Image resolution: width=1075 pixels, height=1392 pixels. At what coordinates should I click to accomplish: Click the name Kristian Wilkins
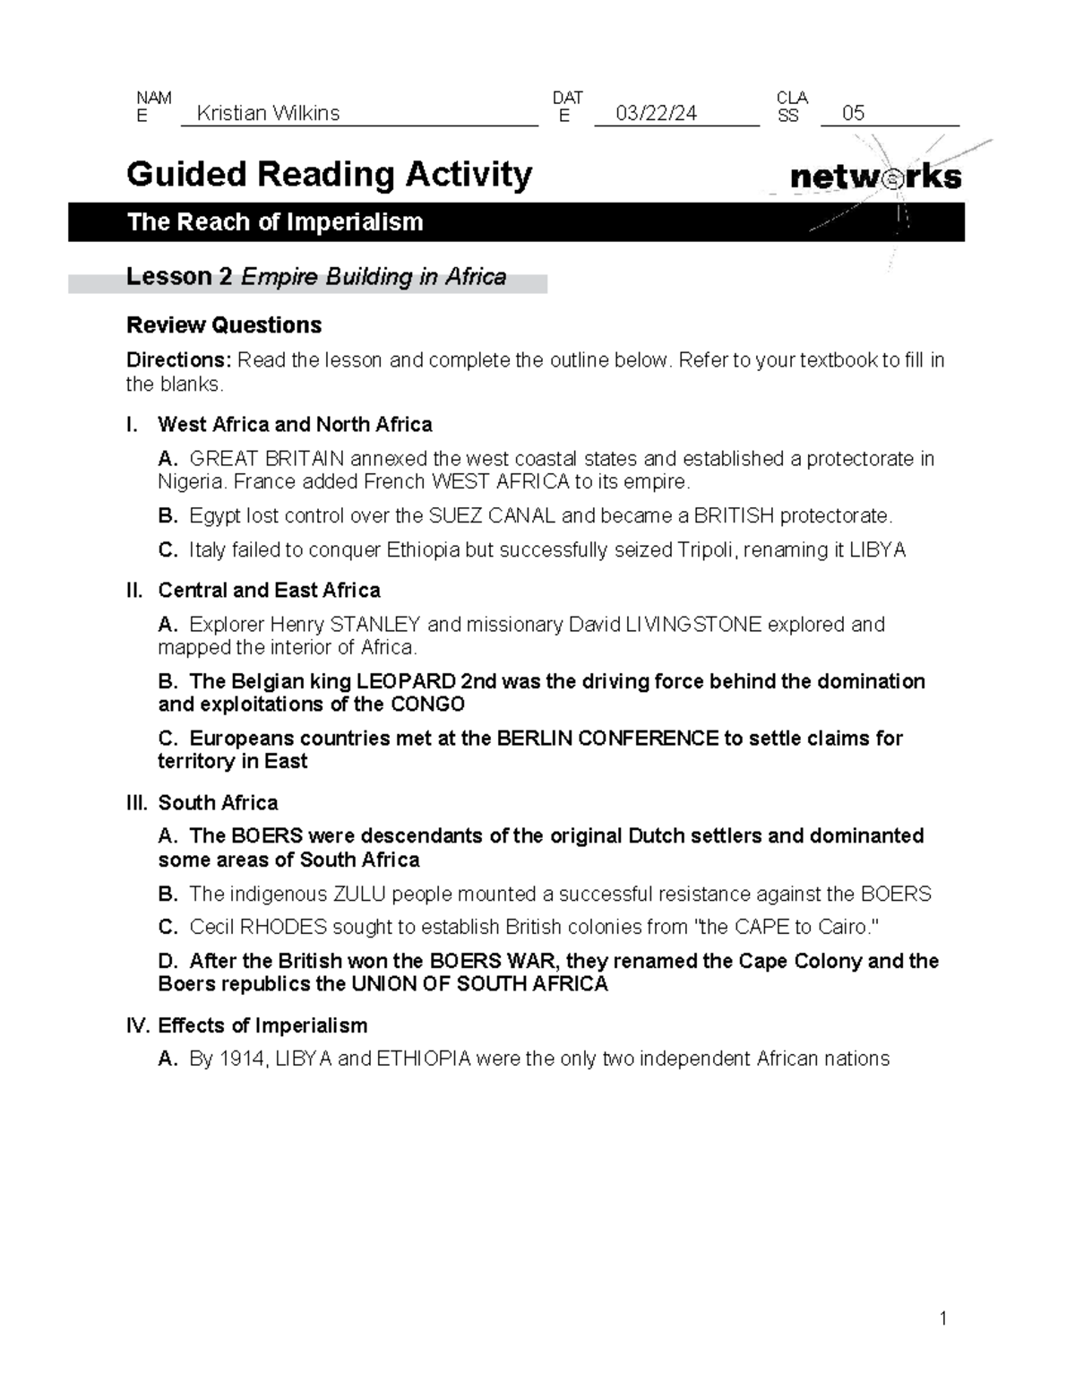(x=268, y=113)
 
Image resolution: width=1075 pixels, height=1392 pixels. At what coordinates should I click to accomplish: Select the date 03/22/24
(x=657, y=113)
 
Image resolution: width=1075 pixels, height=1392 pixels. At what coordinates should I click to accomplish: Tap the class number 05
(x=853, y=113)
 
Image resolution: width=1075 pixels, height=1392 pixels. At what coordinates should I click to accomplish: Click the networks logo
(x=875, y=177)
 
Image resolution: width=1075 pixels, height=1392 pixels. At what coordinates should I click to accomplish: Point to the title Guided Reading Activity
(x=329, y=174)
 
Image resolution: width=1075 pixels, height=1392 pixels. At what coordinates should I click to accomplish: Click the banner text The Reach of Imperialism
(x=275, y=222)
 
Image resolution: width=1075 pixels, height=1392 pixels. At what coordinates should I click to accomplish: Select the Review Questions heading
(x=224, y=324)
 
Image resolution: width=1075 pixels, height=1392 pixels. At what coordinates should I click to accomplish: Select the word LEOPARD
(x=400, y=682)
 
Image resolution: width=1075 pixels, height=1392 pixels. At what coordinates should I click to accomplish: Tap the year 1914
(x=242, y=1059)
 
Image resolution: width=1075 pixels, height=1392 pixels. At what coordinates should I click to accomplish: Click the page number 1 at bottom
(x=942, y=1318)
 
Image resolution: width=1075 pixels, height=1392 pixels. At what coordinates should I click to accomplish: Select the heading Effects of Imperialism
(x=262, y=1025)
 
